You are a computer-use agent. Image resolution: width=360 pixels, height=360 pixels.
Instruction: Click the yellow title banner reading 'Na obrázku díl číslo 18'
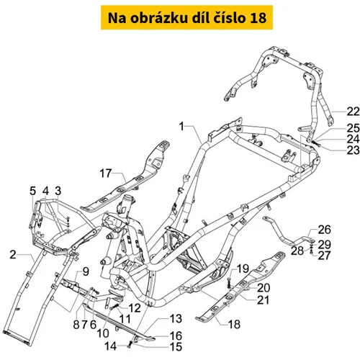(186, 17)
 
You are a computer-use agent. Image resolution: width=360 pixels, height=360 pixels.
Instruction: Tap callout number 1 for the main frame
(181, 126)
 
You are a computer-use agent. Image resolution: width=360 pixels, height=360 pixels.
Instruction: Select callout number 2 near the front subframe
(13, 254)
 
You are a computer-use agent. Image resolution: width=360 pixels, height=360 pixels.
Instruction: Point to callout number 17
(106, 174)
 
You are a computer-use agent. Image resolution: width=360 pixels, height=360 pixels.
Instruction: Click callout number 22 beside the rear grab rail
(354, 112)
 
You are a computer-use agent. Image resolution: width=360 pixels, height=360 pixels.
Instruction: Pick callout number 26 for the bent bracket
(325, 230)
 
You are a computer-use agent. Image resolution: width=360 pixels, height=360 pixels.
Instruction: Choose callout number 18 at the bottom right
(234, 324)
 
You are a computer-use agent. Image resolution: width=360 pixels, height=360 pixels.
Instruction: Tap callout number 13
(176, 319)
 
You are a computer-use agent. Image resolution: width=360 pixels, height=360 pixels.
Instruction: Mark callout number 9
(86, 271)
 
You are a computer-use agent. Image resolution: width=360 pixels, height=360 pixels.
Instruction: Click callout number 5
(32, 191)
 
